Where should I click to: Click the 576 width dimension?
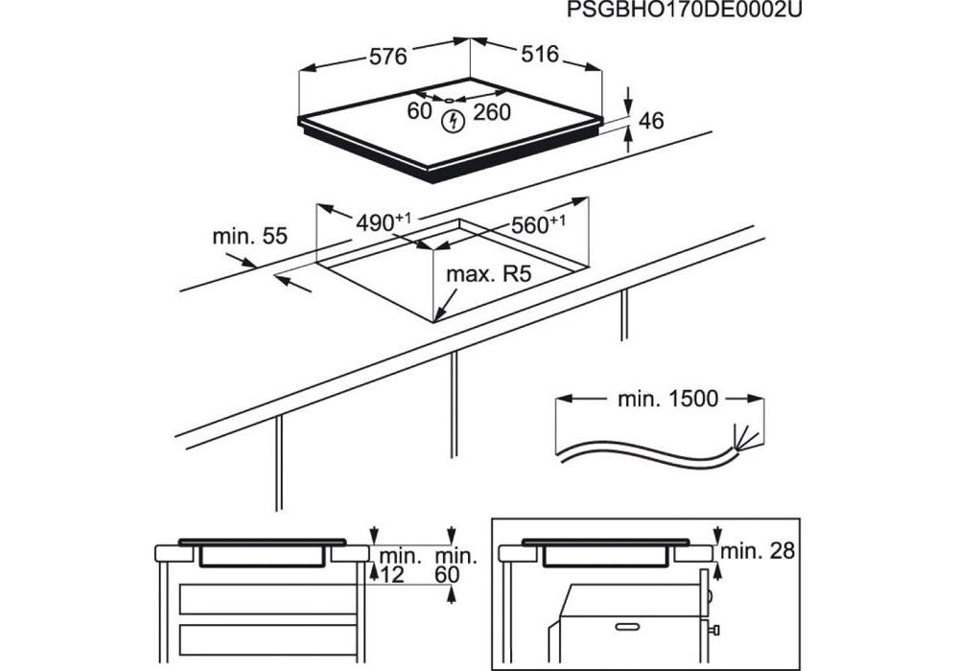click(x=388, y=56)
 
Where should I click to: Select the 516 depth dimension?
click(x=540, y=55)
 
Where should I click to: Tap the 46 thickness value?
click(x=651, y=121)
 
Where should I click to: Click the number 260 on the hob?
click(x=492, y=112)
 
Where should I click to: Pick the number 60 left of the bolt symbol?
click(x=419, y=111)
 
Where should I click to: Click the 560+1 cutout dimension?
click(x=537, y=225)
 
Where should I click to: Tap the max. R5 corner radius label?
click(x=488, y=275)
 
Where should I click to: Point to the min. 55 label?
click(x=249, y=236)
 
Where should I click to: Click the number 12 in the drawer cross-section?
click(x=391, y=573)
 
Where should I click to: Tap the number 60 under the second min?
click(x=448, y=573)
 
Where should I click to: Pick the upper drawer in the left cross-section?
click(x=268, y=599)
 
